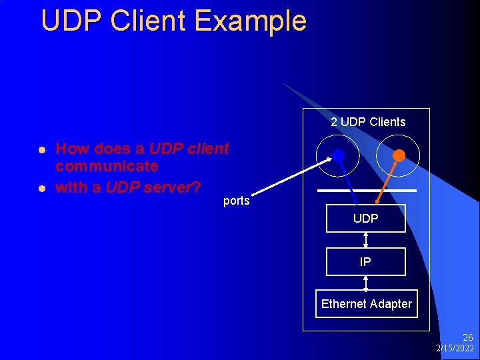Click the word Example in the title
(251, 21)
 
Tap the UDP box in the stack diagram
(365, 219)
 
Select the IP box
(365, 262)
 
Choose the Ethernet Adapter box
(366, 304)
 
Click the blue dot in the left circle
(338, 156)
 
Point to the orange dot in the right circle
(399, 155)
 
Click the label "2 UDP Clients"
(368, 122)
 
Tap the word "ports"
(237, 201)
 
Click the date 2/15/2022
(455, 349)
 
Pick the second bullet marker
(41, 188)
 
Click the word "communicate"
(107, 166)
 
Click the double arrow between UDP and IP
(365, 240)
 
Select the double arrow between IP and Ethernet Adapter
(365, 283)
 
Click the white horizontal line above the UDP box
(367, 191)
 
